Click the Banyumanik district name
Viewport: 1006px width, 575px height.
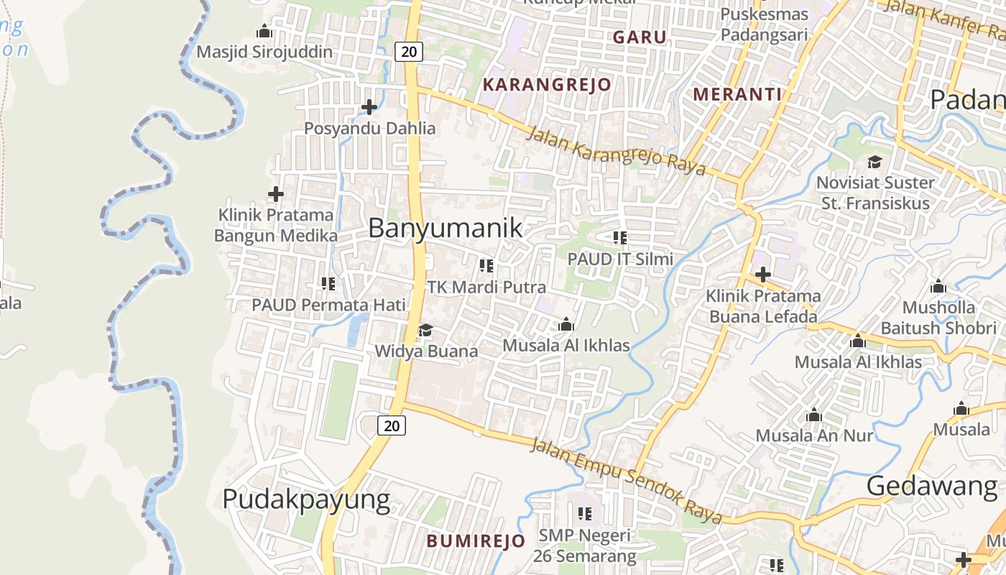point(445,229)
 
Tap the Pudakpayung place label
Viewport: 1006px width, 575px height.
point(306,499)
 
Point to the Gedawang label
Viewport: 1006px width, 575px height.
point(932,487)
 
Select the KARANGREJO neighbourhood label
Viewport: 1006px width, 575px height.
point(547,85)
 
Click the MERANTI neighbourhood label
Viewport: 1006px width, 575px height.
point(737,94)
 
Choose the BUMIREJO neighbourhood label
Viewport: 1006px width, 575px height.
point(476,541)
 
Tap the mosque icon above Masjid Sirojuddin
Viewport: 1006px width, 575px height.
point(264,31)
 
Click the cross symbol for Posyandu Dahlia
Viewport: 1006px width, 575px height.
point(369,108)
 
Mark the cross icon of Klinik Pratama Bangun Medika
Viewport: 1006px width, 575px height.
point(276,194)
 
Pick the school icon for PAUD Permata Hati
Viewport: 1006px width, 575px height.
point(328,284)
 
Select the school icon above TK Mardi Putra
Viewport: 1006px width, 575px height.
point(486,266)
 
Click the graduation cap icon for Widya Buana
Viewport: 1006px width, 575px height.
point(426,330)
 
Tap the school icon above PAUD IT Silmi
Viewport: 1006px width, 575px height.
point(620,238)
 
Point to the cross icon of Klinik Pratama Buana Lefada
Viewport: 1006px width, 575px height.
point(763,275)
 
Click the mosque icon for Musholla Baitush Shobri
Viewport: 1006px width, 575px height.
point(938,287)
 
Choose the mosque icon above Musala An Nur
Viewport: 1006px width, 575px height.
point(814,415)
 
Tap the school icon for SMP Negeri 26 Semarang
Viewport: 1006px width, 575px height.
point(585,514)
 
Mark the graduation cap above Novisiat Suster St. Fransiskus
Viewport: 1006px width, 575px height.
point(875,162)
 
